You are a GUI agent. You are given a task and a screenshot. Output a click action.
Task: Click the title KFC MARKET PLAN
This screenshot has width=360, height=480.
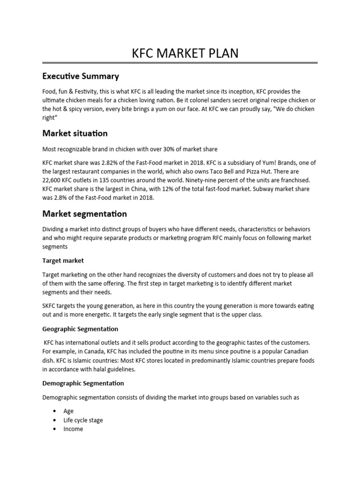click(x=184, y=53)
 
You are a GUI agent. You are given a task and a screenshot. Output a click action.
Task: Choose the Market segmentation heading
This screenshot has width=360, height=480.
click(x=84, y=214)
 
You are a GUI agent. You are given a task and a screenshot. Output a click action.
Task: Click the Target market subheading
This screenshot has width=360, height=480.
click(x=63, y=260)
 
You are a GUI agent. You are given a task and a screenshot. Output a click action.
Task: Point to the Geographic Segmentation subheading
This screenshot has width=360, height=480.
click(x=80, y=329)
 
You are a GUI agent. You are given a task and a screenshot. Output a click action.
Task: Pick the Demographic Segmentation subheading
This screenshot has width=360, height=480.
click(x=83, y=383)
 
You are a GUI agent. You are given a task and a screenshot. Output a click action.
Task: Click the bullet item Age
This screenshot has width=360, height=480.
click(x=68, y=411)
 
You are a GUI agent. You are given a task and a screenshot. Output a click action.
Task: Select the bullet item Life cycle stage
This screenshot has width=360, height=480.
click(x=83, y=420)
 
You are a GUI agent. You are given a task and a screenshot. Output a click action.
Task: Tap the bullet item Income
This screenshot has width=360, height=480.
click(x=73, y=429)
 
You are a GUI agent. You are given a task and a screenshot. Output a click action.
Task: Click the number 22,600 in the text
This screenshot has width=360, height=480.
click(x=52, y=180)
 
